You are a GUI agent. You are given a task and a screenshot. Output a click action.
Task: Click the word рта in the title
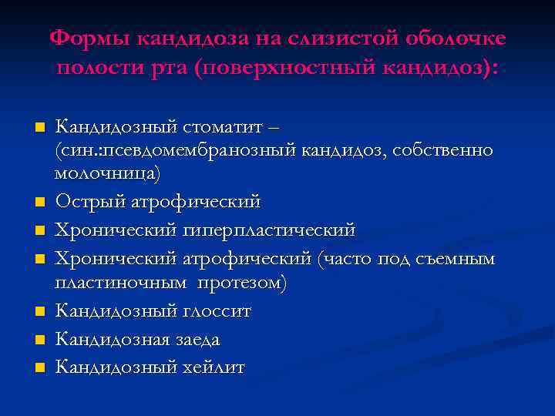pyautogui.click(x=167, y=69)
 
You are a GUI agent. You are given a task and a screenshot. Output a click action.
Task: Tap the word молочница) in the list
pyautogui.click(x=108, y=174)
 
